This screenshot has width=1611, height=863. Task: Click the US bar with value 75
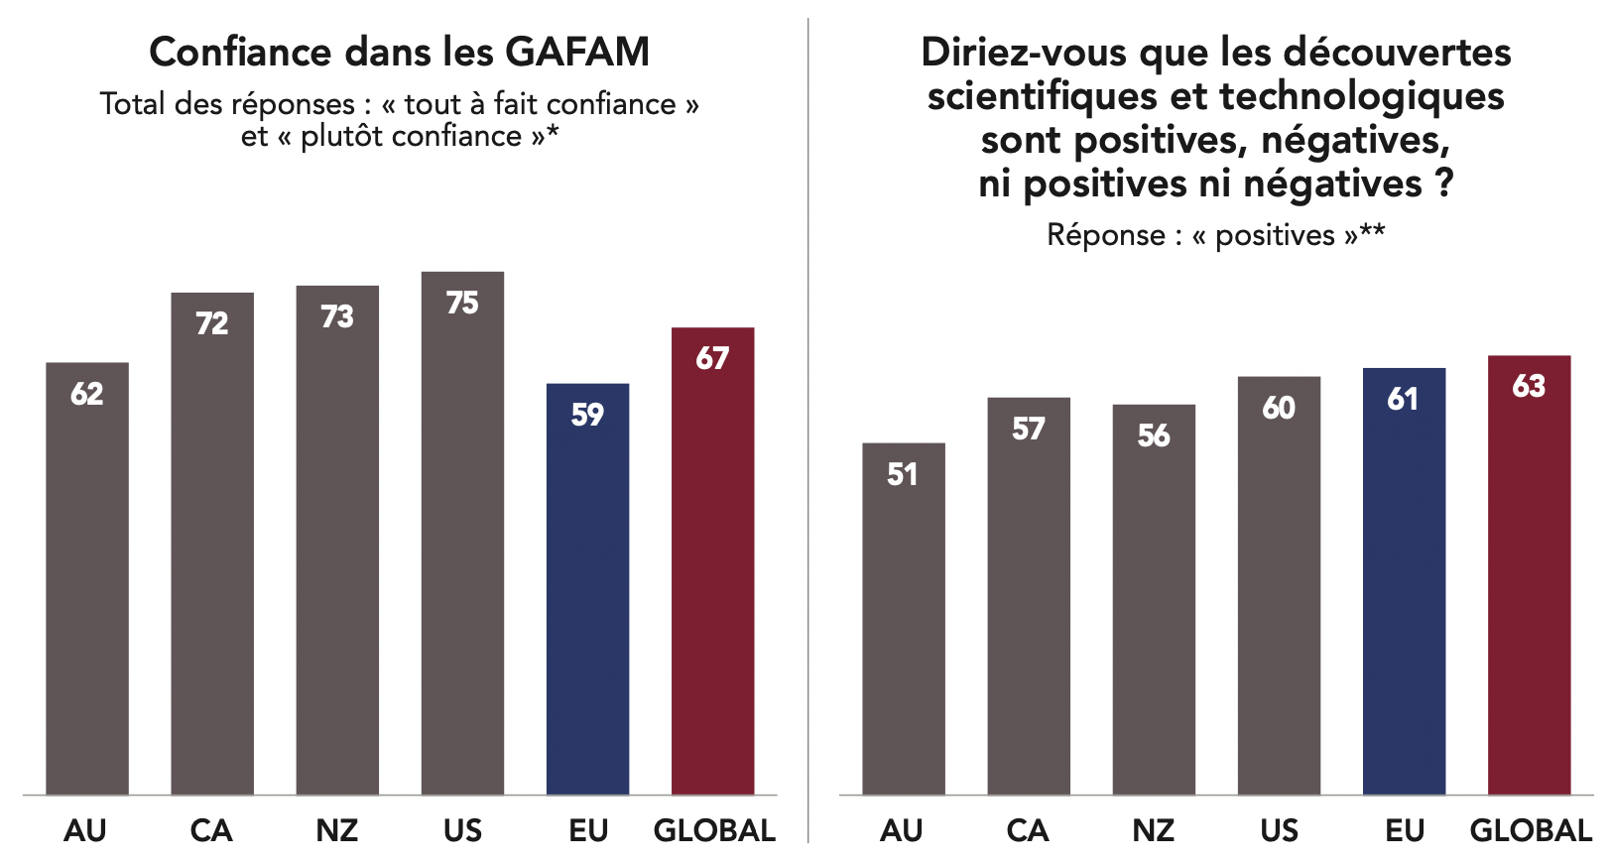(x=462, y=536)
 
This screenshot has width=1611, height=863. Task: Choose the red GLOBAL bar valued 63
(x=1529, y=575)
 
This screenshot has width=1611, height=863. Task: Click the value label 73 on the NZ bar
(x=337, y=316)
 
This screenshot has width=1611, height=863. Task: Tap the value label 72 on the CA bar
(x=211, y=323)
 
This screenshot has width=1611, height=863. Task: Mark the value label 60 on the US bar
(x=1279, y=408)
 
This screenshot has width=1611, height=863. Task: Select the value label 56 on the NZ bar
(x=1154, y=435)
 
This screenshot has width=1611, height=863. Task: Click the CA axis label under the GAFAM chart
(x=211, y=830)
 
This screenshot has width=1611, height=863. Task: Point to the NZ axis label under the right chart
(x=1154, y=830)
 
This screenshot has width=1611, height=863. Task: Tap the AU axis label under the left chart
(x=85, y=830)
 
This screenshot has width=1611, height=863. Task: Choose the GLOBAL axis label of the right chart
(x=1531, y=830)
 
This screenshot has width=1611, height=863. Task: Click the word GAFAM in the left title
(x=577, y=53)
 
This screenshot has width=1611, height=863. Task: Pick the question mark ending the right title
(x=1443, y=184)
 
